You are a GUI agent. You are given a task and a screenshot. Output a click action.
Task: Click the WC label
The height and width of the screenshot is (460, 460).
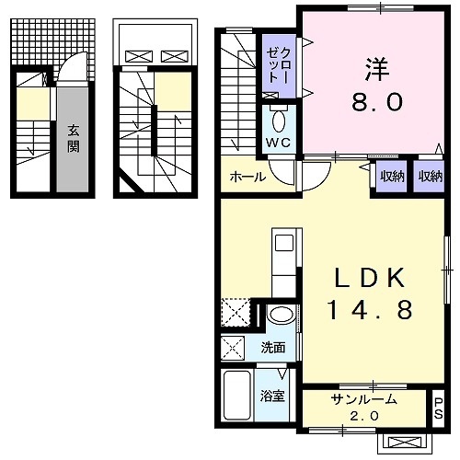279,143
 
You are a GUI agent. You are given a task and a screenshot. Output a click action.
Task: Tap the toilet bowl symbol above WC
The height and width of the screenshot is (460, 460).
280,121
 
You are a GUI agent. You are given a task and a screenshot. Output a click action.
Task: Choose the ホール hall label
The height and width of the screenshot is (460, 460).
248,177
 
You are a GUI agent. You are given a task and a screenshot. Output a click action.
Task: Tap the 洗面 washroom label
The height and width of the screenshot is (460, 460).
272,349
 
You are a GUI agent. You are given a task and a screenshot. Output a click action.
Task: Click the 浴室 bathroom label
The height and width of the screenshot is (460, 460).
272,398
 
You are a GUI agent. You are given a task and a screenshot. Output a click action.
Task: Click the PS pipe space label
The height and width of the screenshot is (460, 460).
438,408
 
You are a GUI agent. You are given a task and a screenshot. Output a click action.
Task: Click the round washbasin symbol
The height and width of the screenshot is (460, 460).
281,315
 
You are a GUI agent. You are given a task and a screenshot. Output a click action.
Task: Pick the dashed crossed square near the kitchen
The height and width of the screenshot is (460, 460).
236,313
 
